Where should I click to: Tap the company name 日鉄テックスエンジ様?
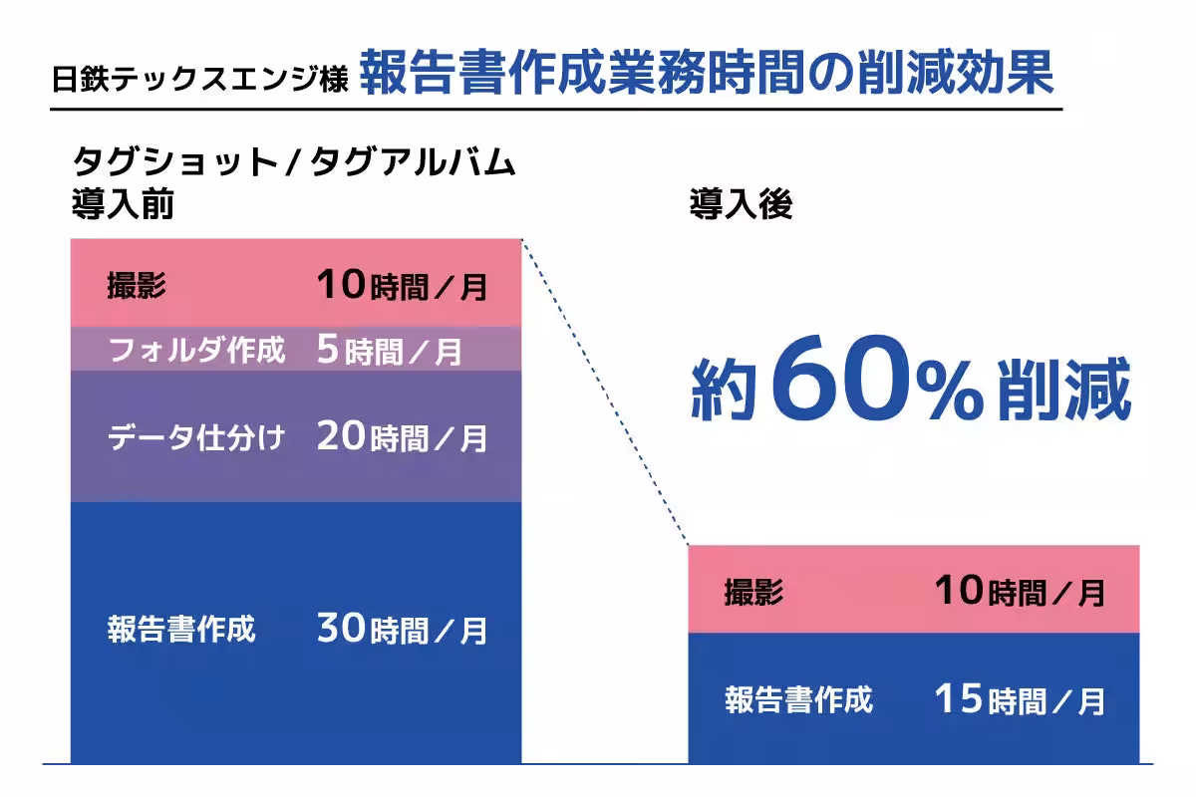(x=199, y=80)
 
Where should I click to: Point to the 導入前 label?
(x=123, y=206)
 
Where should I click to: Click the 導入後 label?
(x=741, y=206)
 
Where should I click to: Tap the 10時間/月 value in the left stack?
(x=402, y=286)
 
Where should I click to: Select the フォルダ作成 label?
(x=195, y=350)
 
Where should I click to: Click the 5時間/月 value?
(x=389, y=350)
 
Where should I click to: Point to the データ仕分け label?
(x=195, y=437)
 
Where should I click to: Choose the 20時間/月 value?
(x=402, y=437)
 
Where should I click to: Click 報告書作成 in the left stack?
(x=180, y=630)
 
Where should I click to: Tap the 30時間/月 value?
(x=402, y=630)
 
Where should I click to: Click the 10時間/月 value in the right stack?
(x=1020, y=592)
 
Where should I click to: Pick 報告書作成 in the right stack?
(x=798, y=699)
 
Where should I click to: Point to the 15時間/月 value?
(x=1020, y=699)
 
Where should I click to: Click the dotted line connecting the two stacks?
(x=604, y=391)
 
